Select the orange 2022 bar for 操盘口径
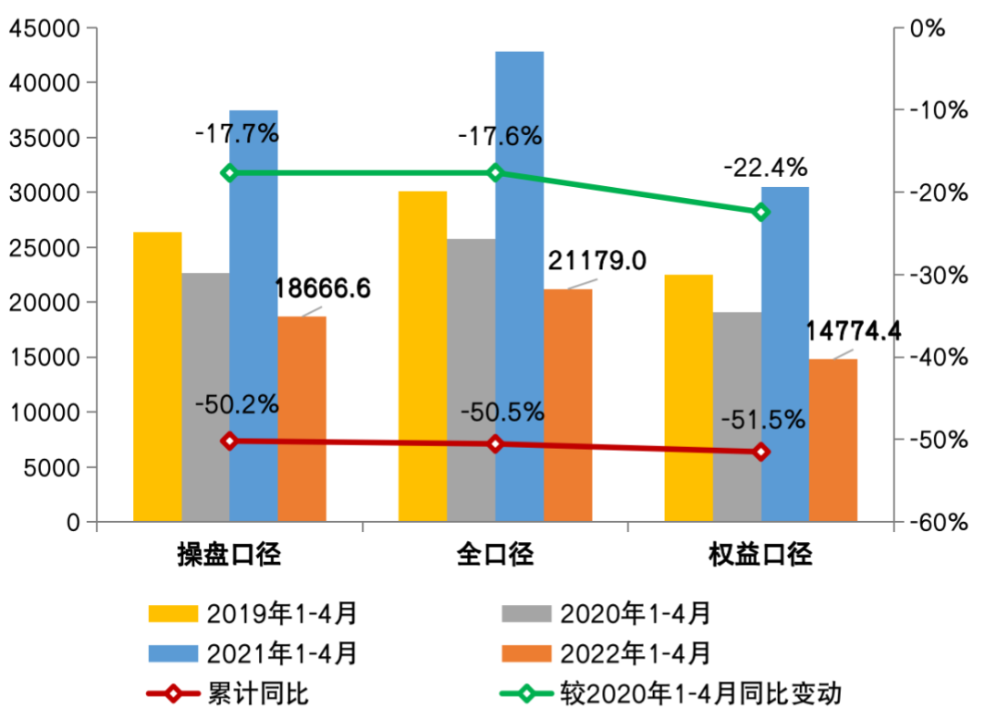click(x=302, y=419)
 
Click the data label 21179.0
click(x=597, y=262)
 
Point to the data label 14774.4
click(x=854, y=331)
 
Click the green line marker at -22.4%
click(x=761, y=212)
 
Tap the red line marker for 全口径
click(x=495, y=443)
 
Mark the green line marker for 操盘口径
click(x=229, y=172)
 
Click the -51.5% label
click(x=763, y=420)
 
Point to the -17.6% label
click(x=500, y=137)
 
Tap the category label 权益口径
click(x=761, y=555)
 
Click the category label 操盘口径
click(x=228, y=555)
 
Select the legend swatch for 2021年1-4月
click(x=172, y=654)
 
